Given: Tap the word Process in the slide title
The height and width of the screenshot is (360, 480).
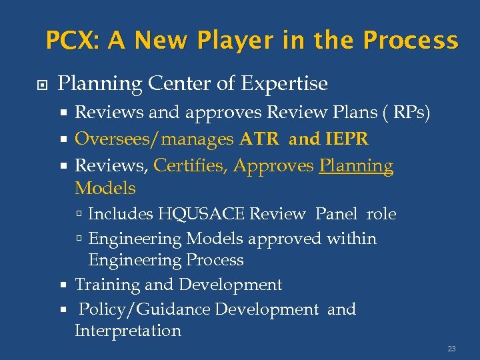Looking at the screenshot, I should point(411,41).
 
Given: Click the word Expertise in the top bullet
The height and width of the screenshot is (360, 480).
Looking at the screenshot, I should point(285,84).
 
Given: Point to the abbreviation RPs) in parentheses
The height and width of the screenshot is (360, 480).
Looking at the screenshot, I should point(411,113).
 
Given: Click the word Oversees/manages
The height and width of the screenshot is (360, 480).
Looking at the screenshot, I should point(154,139).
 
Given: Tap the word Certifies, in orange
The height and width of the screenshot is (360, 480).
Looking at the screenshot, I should point(191,165).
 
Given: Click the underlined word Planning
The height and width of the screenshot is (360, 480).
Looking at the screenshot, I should point(356,165).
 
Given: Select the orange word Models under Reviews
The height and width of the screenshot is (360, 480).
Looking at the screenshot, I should point(105,188).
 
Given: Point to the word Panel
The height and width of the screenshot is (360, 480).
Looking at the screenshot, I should point(337,214).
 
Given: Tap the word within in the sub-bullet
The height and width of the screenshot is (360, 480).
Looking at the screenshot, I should point(352,238).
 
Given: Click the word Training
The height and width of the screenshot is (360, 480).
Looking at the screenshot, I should point(107,285).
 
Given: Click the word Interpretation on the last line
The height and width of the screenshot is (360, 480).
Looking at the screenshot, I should point(128,331).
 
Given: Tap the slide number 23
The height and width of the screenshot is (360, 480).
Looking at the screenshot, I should point(451,348).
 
